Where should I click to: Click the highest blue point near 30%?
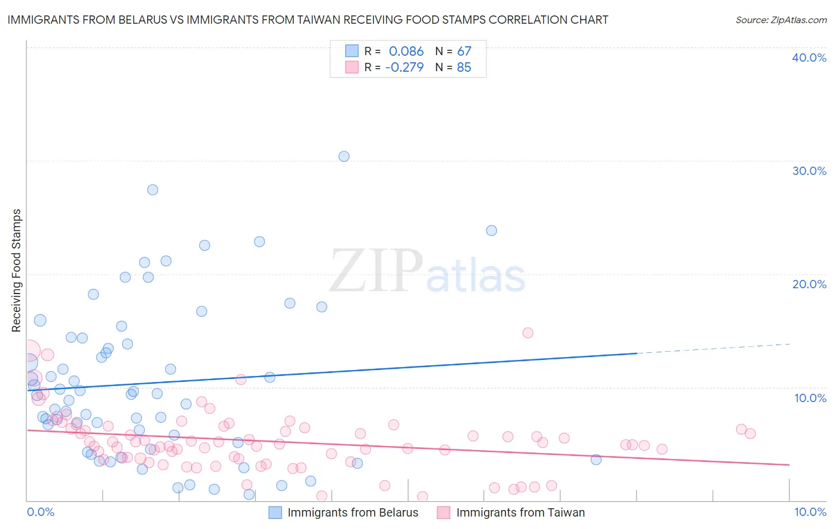tap(344, 157)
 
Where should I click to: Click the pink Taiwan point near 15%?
tap(528, 333)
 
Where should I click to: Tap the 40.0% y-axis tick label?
tap(809, 58)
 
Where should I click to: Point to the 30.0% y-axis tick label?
tap(809, 171)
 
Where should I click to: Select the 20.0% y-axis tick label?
tap(809, 284)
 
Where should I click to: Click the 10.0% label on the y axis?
tap(810, 398)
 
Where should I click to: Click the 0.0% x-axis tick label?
tap(40, 512)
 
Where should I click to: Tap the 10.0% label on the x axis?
tap(810, 512)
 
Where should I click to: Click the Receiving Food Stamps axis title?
tap(17, 270)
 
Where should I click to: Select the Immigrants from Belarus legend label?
tap(353, 512)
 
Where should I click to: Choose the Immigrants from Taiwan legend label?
tap(520, 512)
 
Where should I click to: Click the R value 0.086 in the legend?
tap(406, 51)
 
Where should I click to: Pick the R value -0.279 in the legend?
tap(404, 68)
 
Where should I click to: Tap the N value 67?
tap(464, 51)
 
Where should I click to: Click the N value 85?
tap(464, 68)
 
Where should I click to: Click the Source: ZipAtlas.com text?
tap(781, 20)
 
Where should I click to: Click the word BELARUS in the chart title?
tap(152, 20)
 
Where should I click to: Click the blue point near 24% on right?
tap(492, 231)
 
